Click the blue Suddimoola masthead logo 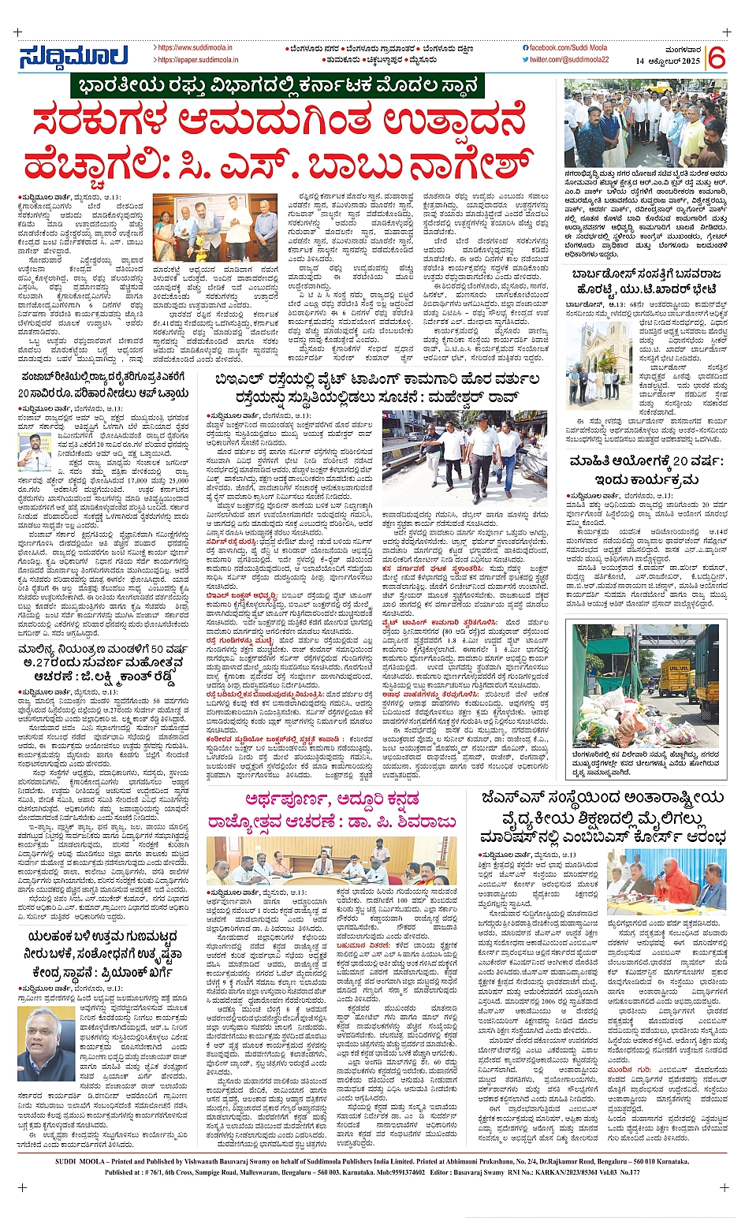[x=73, y=57]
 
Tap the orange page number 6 [x=717, y=58]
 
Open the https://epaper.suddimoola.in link [x=194, y=60]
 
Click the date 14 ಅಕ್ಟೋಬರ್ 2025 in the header [x=668, y=61]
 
